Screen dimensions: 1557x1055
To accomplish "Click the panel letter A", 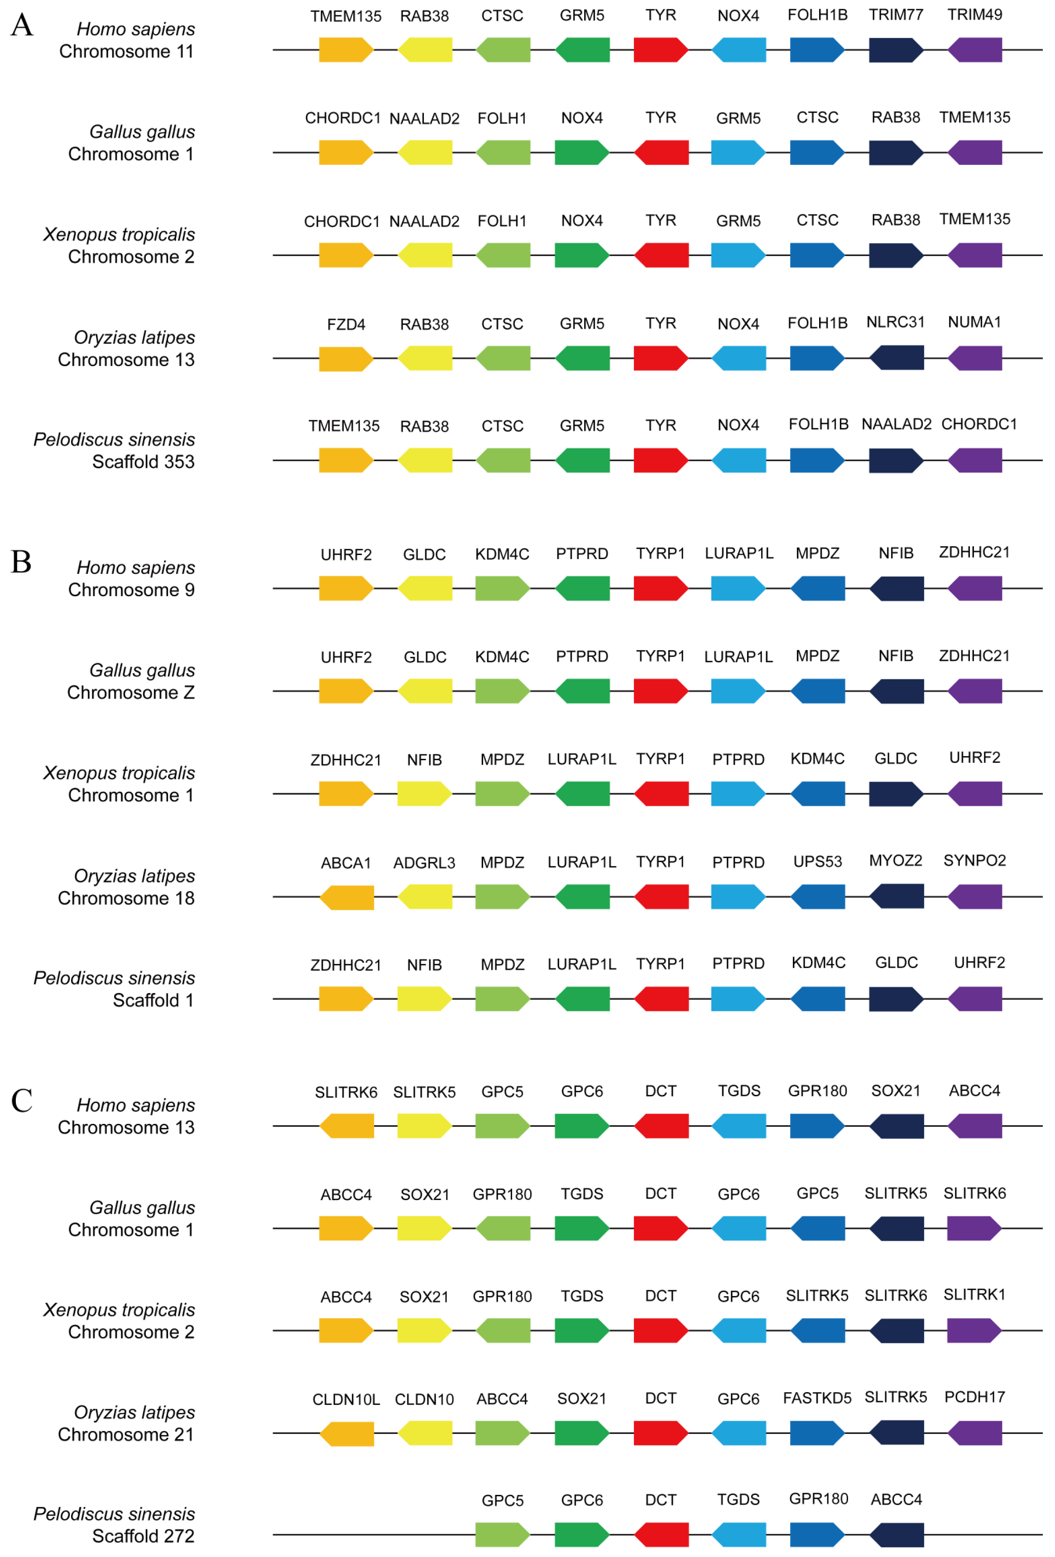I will click(x=22, y=25).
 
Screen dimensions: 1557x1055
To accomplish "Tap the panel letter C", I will click(x=21, y=1101).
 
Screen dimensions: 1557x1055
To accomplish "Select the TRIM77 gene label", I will click(x=896, y=15).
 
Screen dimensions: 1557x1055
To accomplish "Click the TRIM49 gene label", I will click(x=974, y=15).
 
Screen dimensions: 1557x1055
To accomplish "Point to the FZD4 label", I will click(x=345, y=324).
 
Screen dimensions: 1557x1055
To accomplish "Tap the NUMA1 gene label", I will click(x=974, y=322).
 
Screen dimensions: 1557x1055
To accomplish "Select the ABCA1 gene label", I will click(x=345, y=863).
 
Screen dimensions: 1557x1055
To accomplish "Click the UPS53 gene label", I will click(x=817, y=862).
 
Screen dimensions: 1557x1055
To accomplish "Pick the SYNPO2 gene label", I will click(x=974, y=860).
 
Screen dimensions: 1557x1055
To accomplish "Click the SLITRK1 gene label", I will click(x=974, y=1294).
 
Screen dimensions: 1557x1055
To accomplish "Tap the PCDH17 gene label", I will click(x=974, y=1397).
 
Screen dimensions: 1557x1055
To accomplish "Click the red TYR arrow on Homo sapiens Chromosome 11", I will click(x=661, y=49).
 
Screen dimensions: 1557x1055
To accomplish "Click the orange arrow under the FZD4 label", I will click(x=345, y=358).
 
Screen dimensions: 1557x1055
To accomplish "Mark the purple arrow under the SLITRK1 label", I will click(x=974, y=1330).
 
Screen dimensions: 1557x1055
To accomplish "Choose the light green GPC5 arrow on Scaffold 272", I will click(x=502, y=1535).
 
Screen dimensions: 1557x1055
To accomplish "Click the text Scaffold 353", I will click(x=144, y=462).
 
